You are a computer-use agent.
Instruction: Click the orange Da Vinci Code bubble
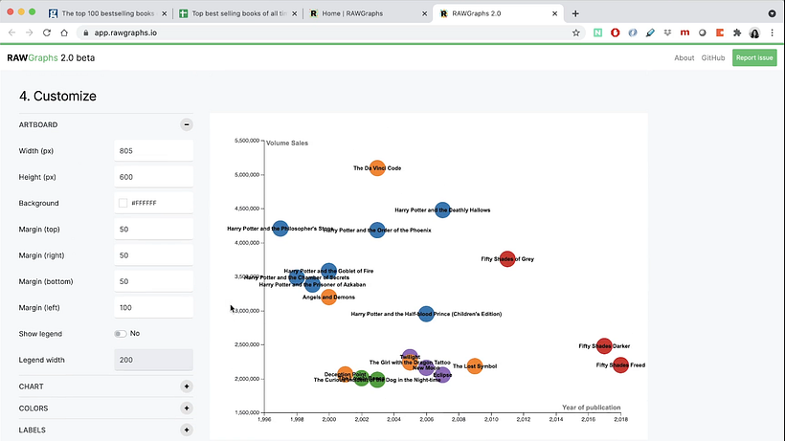tap(377, 168)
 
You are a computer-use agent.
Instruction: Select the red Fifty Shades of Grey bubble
tap(507, 258)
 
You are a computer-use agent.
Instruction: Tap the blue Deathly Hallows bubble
tap(442, 209)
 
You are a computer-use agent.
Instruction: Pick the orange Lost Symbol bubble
tap(474, 366)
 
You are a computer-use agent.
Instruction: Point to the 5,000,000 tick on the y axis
tap(247, 175)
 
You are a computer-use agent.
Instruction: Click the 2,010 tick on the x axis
tap(491, 419)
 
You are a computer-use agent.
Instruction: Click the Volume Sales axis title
tap(287, 143)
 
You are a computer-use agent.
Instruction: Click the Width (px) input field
tap(153, 151)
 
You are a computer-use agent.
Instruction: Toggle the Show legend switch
tap(121, 334)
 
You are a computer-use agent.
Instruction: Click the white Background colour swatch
tap(123, 203)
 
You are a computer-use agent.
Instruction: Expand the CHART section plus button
tap(187, 386)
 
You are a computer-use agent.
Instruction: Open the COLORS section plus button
tap(187, 408)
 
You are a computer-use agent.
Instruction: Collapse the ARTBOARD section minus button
tap(187, 124)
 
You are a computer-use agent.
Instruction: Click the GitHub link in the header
tap(713, 57)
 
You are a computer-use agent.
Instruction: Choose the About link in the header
tap(684, 57)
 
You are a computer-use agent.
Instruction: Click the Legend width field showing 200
tap(153, 360)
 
